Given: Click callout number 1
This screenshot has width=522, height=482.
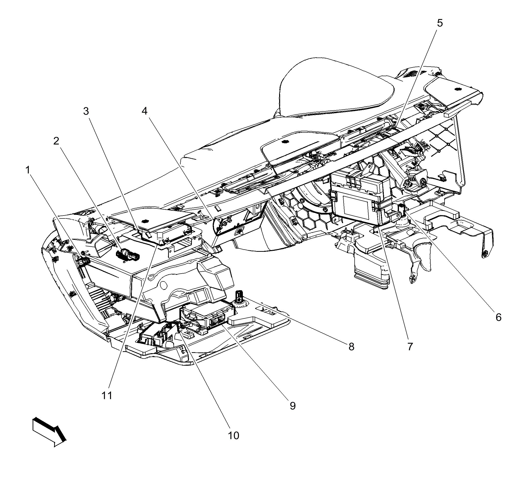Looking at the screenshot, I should [x=27, y=170].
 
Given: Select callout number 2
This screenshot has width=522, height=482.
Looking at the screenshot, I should [x=56, y=141].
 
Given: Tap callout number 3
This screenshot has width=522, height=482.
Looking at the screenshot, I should [x=86, y=111].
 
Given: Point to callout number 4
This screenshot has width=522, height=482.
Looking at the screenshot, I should [x=144, y=111].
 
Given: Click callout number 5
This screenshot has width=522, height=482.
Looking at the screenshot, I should [x=440, y=23].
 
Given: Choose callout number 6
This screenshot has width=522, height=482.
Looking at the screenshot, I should [x=498, y=317].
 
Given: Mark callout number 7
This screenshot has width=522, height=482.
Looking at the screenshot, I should [x=410, y=347].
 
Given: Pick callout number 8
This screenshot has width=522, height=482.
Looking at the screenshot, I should [x=351, y=347].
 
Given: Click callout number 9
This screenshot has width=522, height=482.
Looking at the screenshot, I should [x=293, y=406].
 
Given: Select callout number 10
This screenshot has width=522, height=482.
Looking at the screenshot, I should [x=233, y=435].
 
